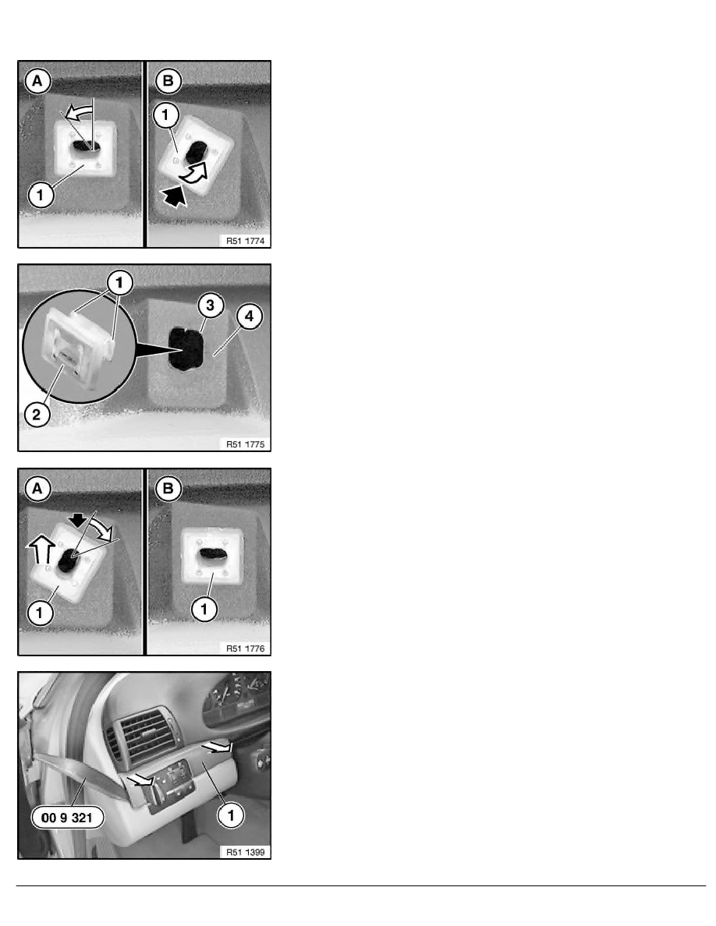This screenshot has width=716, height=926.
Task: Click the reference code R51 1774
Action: click(245, 241)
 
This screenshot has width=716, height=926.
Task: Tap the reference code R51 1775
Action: click(245, 444)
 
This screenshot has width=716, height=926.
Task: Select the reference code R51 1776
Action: click(245, 649)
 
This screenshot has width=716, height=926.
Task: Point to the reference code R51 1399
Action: click(245, 852)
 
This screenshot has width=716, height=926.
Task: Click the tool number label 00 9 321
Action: click(67, 818)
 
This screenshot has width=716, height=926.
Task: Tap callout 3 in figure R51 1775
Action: click(210, 306)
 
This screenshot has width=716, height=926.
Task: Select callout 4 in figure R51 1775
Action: click(249, 316)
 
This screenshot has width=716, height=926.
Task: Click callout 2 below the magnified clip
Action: click(37, 414)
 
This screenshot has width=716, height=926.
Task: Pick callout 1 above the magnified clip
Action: click(119, 284)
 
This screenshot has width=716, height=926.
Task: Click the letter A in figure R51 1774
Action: click(37, 81)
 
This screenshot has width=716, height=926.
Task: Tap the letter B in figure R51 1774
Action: click(168, 81)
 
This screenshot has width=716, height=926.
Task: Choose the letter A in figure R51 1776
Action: click(37, 489)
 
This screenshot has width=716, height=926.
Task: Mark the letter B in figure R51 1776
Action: click(168, 489)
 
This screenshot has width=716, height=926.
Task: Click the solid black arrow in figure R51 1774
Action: click(174, 196)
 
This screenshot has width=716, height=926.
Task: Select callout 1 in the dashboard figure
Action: click(230, 815)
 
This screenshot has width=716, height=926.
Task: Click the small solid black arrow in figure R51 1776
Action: click(76, 519)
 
